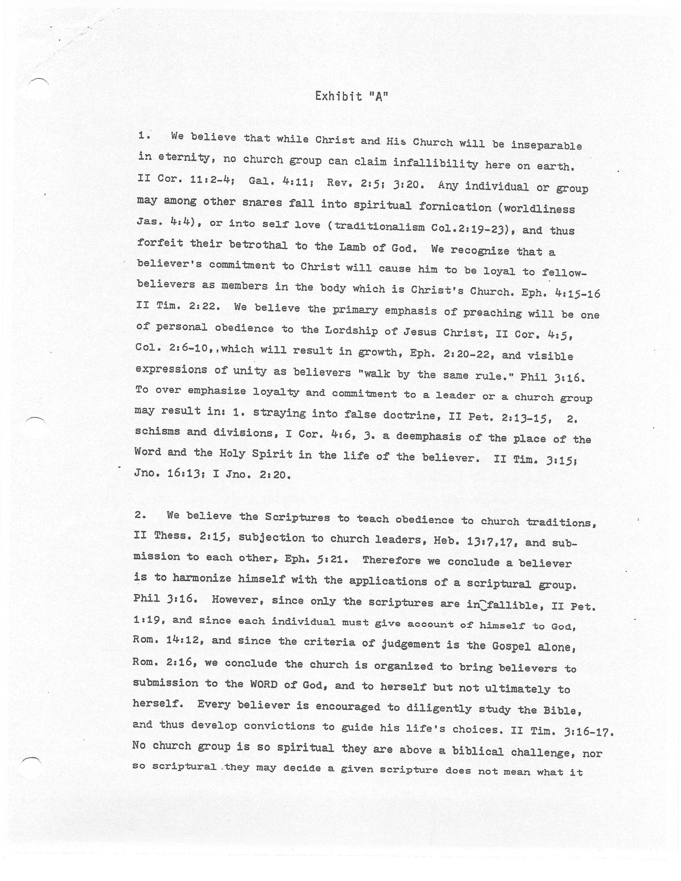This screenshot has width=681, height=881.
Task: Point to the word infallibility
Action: [x=435, y=163]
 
